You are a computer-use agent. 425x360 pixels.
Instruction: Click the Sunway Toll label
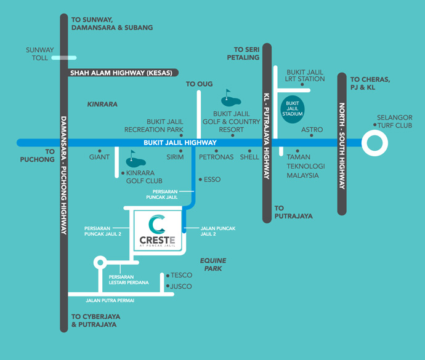(39, 54)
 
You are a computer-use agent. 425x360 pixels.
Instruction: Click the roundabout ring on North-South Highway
(374, 143)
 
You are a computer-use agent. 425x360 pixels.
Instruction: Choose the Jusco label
(181, 287)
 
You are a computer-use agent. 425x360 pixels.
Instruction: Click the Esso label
(212, 180)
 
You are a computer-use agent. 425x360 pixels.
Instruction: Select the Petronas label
(216, 157)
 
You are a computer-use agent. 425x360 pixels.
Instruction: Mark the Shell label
(249, 157)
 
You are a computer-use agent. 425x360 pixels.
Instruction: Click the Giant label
(99, 157)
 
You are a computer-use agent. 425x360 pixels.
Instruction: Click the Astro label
(312, 130)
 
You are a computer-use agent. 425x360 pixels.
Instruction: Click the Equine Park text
(211, 265)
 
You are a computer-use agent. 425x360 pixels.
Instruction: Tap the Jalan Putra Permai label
(110, 300)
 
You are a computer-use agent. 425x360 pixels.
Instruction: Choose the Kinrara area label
(102, 105)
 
